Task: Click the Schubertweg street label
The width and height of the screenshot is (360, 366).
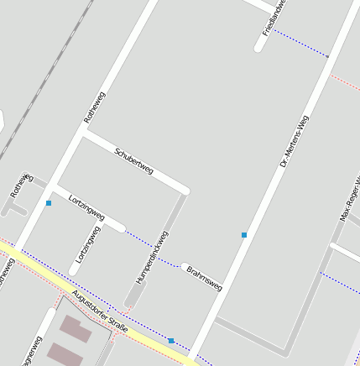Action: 133,160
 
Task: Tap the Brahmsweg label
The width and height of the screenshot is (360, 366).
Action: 205,280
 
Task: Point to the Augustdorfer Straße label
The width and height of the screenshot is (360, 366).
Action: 100,311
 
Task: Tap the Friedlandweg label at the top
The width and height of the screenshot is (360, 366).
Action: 274,17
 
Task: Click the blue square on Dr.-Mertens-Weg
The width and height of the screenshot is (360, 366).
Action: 244,235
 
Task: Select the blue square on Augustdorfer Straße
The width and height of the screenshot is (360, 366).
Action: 171,341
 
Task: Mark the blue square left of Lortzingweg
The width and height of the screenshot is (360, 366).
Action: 49,203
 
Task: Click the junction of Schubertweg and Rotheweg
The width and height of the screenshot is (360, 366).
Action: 84,130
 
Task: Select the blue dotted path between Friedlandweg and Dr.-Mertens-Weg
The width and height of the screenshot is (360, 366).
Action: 300,44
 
